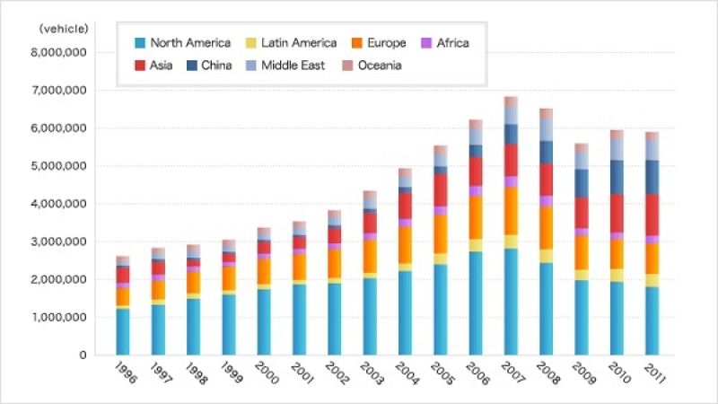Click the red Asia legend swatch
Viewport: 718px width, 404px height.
[140, 66]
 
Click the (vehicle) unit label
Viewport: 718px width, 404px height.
[64, 29]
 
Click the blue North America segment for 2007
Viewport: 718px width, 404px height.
[511, 301]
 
